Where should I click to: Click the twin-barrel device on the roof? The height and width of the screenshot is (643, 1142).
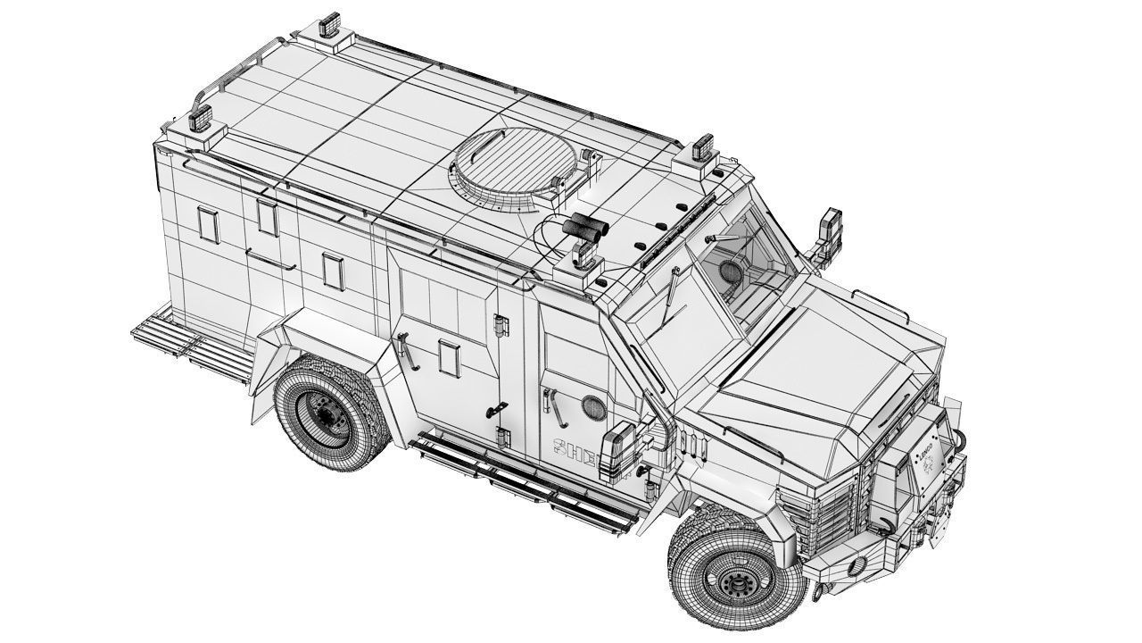pyautogui.click(x=583, y=229)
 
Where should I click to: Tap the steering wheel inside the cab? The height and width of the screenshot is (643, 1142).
pyautogui.click(x=732, y=271)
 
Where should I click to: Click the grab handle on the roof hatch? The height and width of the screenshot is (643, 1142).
pyautogui.click(x=559, y=182)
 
